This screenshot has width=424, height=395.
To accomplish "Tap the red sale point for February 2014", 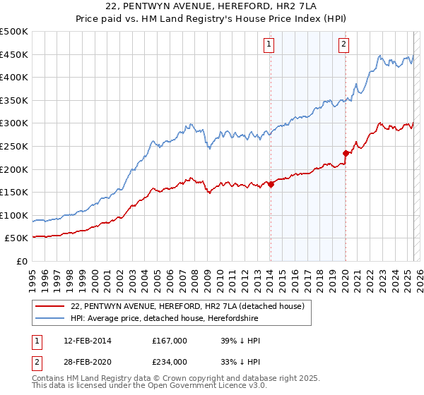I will [271, 184].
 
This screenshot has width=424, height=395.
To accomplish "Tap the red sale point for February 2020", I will [346, 153].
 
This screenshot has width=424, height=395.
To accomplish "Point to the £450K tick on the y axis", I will [14, 54].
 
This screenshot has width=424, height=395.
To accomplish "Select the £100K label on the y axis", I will [14, 215].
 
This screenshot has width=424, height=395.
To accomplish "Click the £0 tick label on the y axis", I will [21, 261].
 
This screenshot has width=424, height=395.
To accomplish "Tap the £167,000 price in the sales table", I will [169, 341].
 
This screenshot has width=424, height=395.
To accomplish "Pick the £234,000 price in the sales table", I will [169, 362].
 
